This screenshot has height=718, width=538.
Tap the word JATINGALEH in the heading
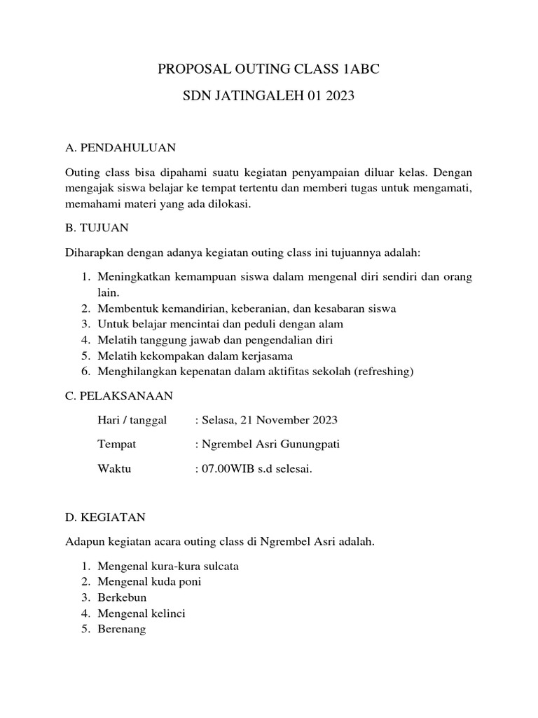pos(252,97)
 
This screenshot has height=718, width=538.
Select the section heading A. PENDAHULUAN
pos(120,147)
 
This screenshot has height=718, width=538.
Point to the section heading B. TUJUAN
pos(97,228)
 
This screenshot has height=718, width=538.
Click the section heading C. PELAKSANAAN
pos(118,395)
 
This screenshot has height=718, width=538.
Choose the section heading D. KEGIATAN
pos(105,517)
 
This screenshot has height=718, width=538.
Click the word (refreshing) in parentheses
pos(384,371)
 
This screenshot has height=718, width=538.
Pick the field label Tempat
pos(117,445)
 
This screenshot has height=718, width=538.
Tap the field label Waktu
pos(114,469)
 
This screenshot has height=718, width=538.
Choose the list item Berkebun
pos(123,597)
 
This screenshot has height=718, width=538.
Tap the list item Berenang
pos(122,629)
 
